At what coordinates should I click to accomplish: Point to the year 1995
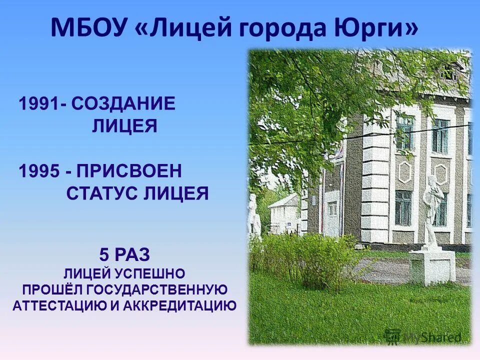[39, 171]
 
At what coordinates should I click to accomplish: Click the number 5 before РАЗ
[104, 255]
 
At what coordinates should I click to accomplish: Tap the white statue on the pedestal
[430, 210]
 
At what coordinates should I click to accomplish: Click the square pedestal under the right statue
[432, 266]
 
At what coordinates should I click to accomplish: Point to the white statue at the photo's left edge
[254, 217]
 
